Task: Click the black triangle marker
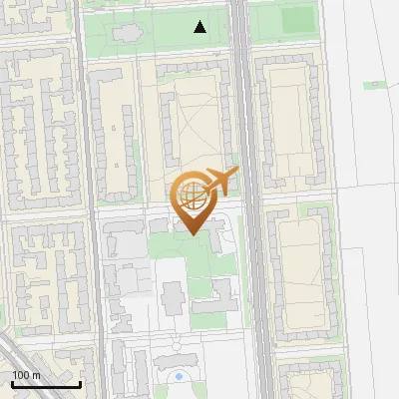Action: point(200,27)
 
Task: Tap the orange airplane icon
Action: point(220,181)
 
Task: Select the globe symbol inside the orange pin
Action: point(192,195)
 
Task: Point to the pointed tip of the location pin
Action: point(192,234)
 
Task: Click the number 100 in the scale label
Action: point(20,374)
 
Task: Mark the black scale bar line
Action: point(46,384)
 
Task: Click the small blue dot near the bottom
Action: point(179,376)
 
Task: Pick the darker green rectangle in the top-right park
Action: point(296,20)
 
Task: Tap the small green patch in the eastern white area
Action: point(374,85)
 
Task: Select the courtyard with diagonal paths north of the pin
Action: point(195,130)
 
